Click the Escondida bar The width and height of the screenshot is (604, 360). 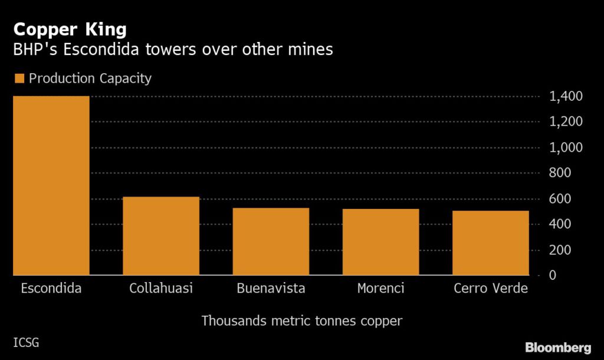click(x=51, y=185)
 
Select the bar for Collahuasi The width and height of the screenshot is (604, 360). click(x=161, y=236)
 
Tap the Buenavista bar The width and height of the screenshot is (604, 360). click(x=271, y=241)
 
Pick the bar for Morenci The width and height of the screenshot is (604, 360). click(x=380, y=242)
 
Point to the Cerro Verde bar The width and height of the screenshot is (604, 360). click(x=491, y=243)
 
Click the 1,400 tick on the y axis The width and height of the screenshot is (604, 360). click(x=566, y=96)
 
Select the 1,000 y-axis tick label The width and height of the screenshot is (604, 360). click(x=566, y=148)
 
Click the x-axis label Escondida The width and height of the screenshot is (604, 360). click(x=51, y=289)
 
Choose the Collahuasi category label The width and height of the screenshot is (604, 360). click(x=161, y=289)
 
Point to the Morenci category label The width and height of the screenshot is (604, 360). click(x=380, y=289)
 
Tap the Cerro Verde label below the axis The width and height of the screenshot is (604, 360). click(x=491, y=289)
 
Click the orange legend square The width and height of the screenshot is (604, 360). click(x=18, y=78)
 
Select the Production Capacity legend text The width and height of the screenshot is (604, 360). click(x=90, y=78)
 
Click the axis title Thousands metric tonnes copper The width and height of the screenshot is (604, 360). click(x=302, y=321)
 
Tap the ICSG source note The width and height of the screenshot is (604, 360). click(x=26, y=342)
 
